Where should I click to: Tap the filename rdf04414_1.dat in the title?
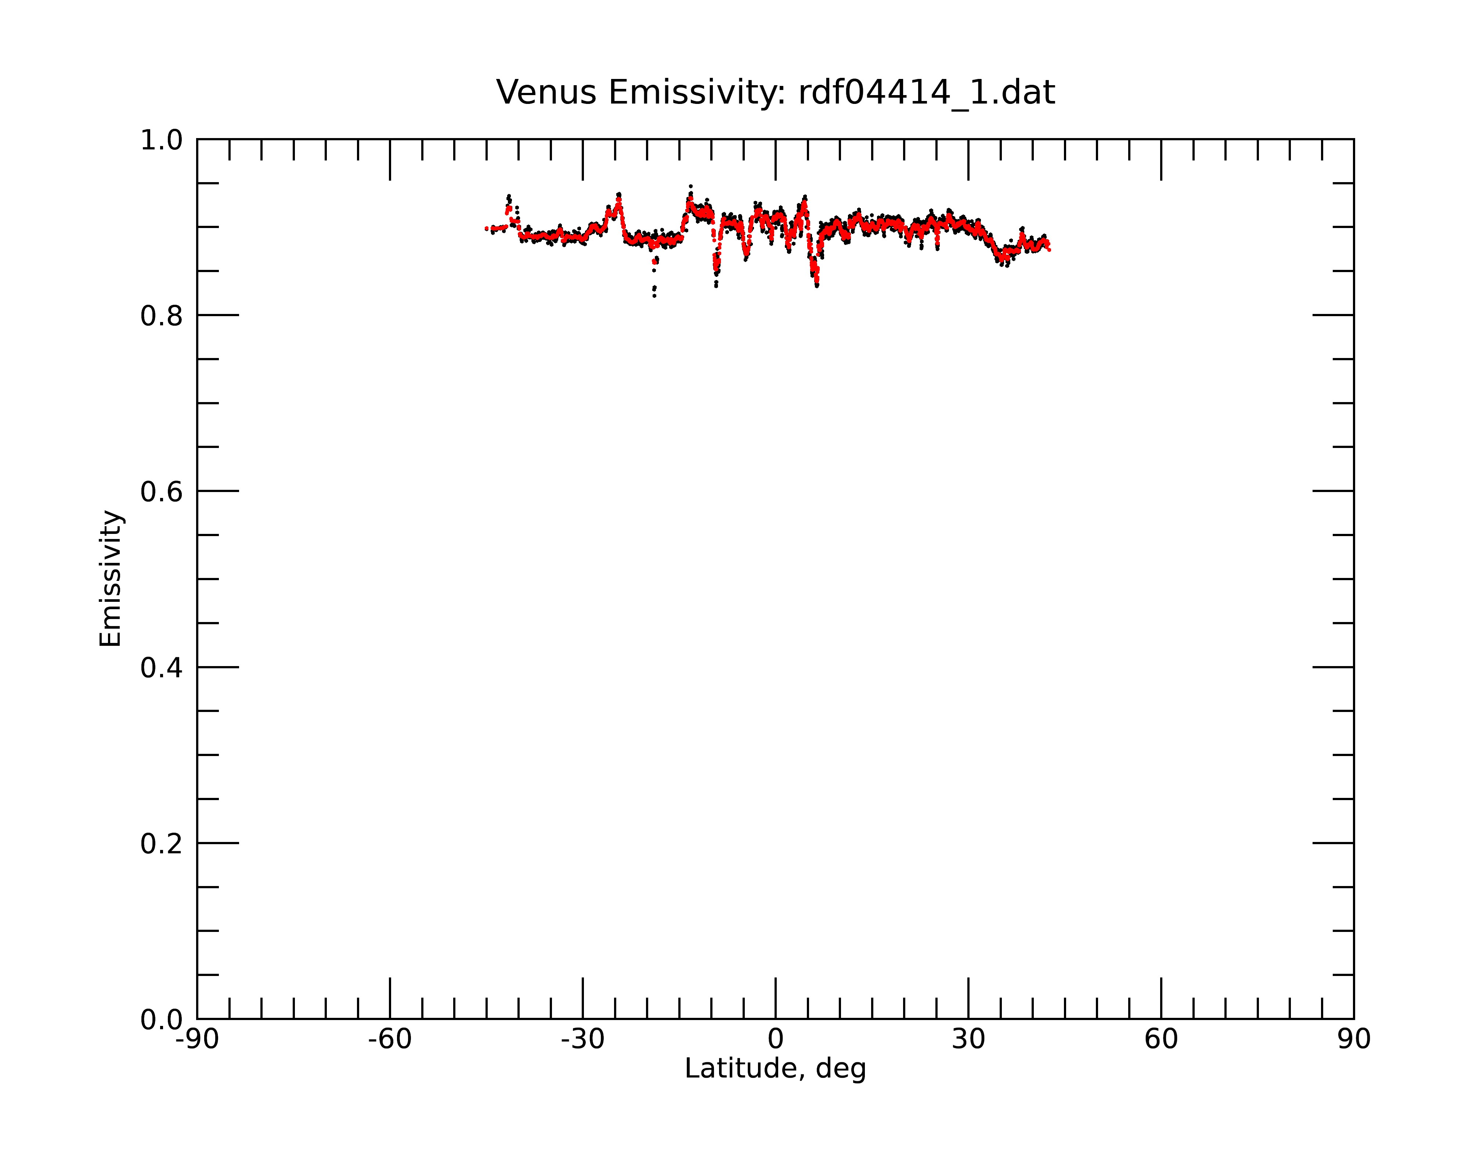pos(927,93)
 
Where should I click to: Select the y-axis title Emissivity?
pos(111,578)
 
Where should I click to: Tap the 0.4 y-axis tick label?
pos(162,668)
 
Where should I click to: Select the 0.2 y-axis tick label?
pos(162,844)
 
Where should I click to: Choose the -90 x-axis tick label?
pos(197,1040)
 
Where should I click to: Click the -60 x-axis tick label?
pos(390,1040)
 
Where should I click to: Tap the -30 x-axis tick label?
pos(582,1040)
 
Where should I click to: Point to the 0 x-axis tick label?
pos(775,1040)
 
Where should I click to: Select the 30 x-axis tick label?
pos(968,1040)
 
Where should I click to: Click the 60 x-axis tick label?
pos(1161,1040)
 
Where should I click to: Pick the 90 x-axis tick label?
pos(1354,1040)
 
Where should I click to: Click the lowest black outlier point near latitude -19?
pos(654,296)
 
